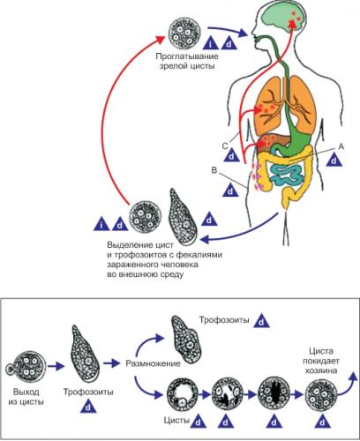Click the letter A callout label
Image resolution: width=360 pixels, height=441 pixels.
[341, 146]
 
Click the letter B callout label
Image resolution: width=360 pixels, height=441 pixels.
[214, 170]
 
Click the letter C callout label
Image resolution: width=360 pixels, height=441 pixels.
[225, 146]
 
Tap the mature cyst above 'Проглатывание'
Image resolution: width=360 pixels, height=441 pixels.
[184, 33]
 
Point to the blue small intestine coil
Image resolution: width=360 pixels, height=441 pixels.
[287, 176]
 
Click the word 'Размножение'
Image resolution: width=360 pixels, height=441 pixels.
[153, 363]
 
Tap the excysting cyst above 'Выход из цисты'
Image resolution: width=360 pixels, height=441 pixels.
[26, 367]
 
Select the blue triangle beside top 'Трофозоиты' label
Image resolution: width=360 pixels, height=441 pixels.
[261, 321]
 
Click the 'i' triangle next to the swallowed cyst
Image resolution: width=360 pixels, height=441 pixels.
[211, 43]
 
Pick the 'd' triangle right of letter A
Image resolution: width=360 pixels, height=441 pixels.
[334, 161]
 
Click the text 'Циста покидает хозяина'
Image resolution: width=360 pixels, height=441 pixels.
[321, 361]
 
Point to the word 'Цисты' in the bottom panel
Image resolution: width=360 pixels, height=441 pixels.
[176, 421]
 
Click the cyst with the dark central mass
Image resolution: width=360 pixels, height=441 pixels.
[274, 393]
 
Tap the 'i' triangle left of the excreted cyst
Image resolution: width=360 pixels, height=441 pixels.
[101, 224]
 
